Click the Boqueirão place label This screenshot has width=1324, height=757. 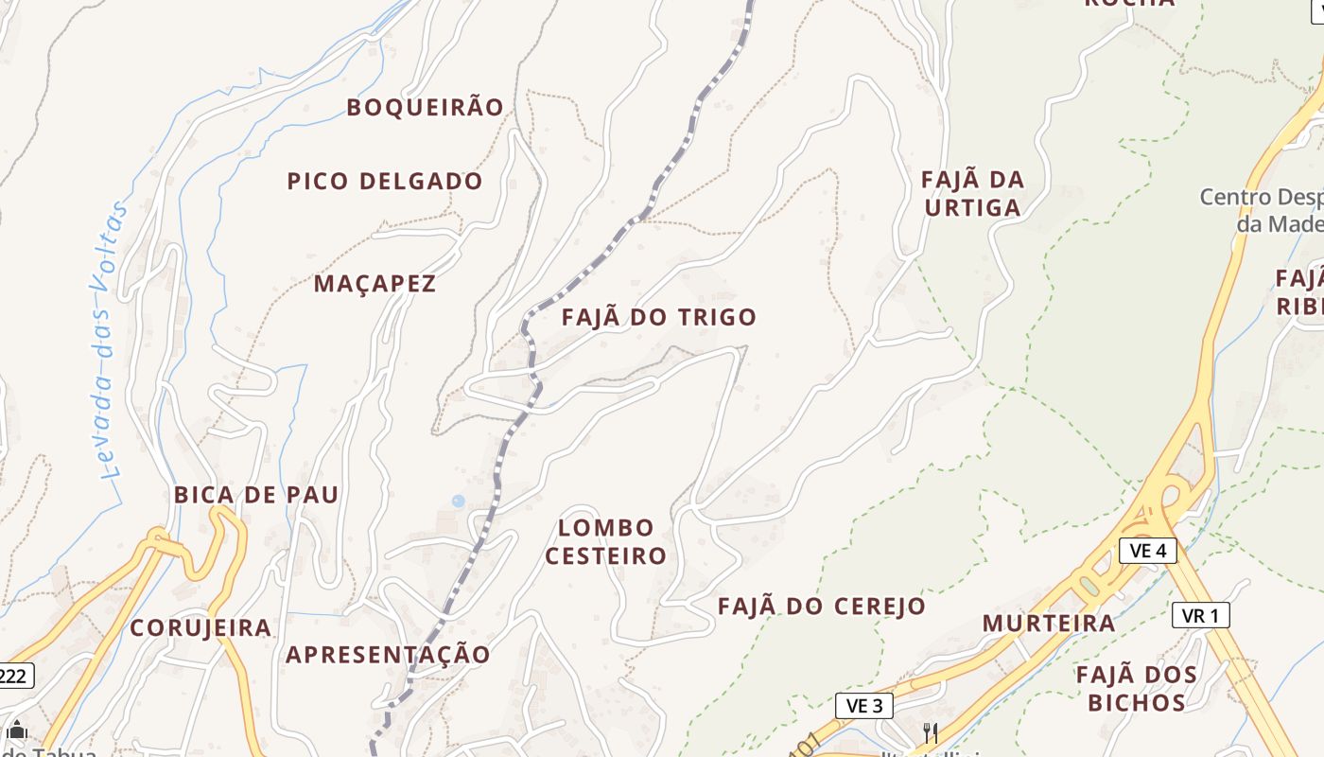(x=425, y=107)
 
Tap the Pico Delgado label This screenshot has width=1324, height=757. (x=385, y=181)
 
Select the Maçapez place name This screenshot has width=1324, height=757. (x=375, y=283)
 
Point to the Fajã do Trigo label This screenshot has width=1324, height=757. (x=659, y=317)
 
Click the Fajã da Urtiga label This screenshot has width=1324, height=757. (x=972, y=193)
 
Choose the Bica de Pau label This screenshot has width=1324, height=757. (x=256, y=495)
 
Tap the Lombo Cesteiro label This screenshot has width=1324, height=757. (x=606, y=541)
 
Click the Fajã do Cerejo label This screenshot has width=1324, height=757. (x=821, y=607)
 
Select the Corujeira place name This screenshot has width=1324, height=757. (x=200, y=628)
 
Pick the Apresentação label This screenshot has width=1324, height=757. (x=389, y=654)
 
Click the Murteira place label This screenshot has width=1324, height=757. (x=1049, y=624)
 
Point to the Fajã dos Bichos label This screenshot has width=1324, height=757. (x=1137, y=688)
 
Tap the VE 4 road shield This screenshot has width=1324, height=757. (x=1148, y=550)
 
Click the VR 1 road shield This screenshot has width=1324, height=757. (x=1200, y=615)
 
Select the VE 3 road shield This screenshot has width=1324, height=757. (x=864, y=705)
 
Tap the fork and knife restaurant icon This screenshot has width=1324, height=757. (x=931, y=731)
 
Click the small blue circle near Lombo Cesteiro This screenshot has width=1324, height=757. (x=459, y=501)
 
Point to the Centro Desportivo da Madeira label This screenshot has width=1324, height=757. (x=1262, y=210)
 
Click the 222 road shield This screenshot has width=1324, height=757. (x=14, y=676)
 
